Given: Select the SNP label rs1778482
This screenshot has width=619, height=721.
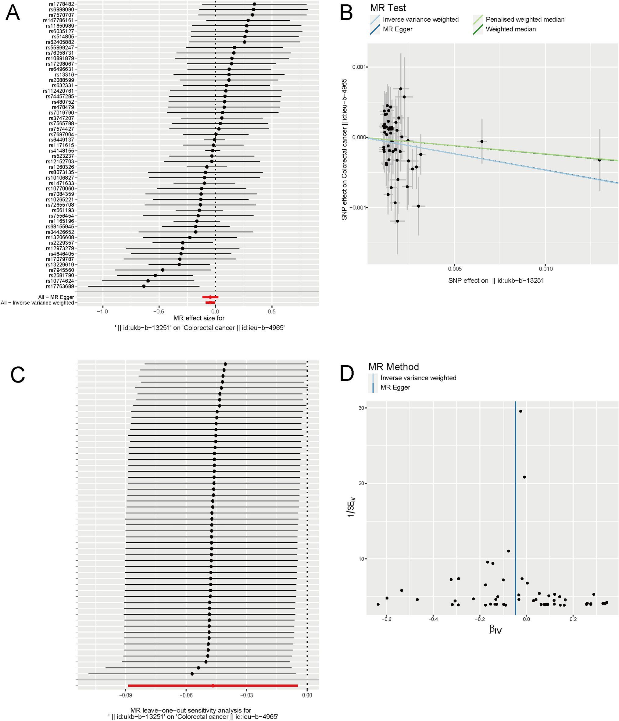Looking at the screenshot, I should point(61,4).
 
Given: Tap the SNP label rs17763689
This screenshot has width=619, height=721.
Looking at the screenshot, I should point(60,286).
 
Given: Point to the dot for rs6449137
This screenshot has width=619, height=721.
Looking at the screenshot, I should point(215,140).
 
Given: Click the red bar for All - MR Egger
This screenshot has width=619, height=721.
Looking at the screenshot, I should point(210,297).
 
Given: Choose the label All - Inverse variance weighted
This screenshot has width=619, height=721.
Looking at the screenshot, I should point(37,303).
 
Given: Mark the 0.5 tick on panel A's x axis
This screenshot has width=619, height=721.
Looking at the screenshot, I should point(272,312).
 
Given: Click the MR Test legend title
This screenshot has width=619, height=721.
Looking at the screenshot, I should point(388,8).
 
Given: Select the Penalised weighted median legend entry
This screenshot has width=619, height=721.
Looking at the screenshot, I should point(525,20).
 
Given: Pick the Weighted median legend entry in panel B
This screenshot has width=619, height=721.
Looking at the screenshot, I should point(510,29).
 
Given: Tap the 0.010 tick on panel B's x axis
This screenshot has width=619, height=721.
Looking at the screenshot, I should point(545,269).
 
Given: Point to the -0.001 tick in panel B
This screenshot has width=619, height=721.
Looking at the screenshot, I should point(358,208).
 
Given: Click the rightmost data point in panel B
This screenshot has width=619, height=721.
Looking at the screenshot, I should point(599,160).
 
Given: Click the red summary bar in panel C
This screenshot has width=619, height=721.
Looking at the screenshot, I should point(213,686).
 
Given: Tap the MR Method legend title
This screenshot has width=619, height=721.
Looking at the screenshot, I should point(394,367).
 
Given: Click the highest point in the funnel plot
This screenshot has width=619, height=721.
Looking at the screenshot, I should point(521,411).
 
